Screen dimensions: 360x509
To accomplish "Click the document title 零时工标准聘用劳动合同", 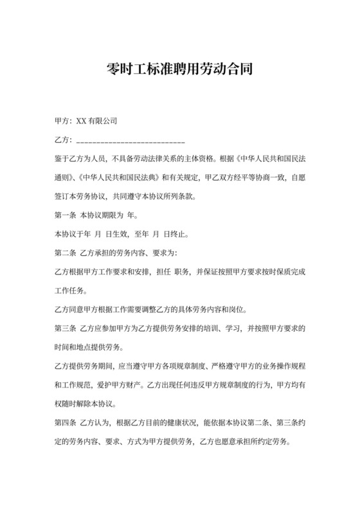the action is [179, 69].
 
